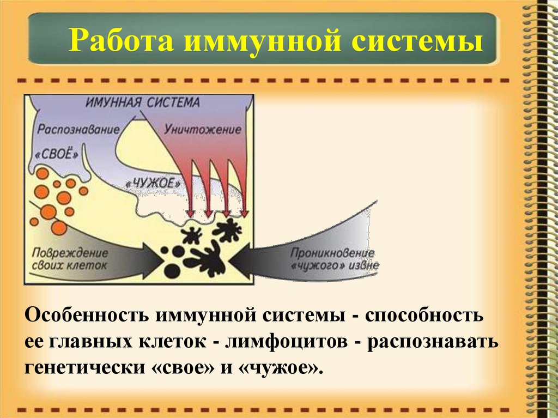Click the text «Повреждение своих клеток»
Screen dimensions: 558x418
(x=69, y=259)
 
